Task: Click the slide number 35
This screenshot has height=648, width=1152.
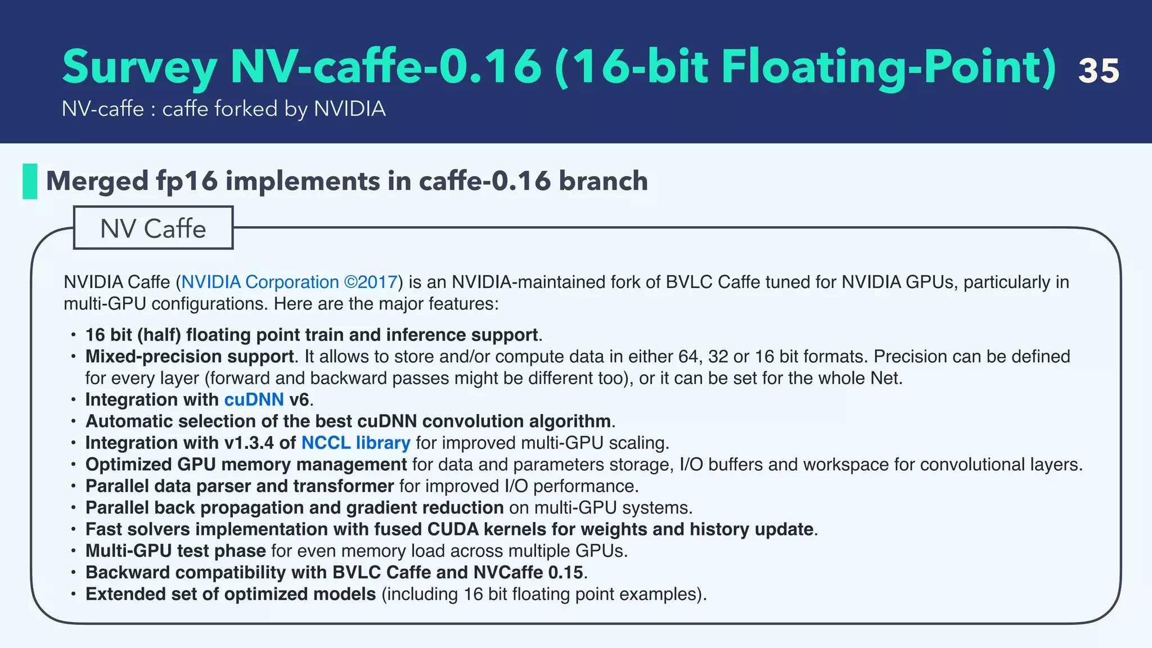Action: point(1099,71)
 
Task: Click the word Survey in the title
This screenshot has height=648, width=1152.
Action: point(139,67)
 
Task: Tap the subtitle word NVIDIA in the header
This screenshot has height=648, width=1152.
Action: point(349,109)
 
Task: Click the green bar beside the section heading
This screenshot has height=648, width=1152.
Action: point(30,181)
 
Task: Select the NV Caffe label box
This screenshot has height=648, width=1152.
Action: point(153,228)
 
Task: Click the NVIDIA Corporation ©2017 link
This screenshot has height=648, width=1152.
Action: point(289,282)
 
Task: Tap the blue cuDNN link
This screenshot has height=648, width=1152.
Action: point(254,400)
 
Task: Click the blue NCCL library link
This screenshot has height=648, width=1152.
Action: point(355,443)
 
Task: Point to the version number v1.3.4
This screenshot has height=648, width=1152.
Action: point(249,443)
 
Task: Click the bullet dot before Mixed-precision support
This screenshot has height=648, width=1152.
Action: point(73,357)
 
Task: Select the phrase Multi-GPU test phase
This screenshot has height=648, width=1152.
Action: point(175,551)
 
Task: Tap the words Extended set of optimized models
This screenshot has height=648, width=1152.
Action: point(231,595)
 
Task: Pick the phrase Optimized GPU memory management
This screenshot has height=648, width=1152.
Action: point(246,465)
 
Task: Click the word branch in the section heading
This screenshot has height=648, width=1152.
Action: point(603,181)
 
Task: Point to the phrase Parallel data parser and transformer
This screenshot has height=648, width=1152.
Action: point(239,487)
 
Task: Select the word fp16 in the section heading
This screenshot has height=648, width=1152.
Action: point(187,181)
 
